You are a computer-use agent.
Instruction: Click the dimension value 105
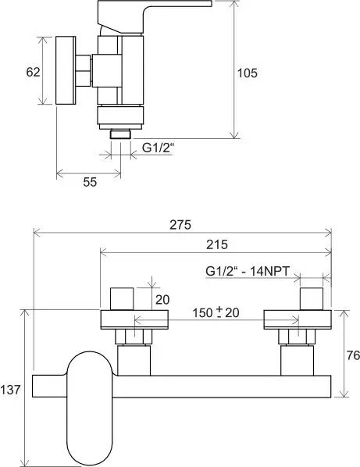coord(247,73)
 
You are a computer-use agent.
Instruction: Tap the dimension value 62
coord(33,72)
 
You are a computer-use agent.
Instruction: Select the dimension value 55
coord(90,182)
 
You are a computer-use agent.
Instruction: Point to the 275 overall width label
coord(180,225)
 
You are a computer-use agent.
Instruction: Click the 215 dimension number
coord(217,244)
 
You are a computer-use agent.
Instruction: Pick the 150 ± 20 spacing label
coord(216,312)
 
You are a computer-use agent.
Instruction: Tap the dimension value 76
coord(353,355)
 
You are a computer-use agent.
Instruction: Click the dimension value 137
coord(10,390)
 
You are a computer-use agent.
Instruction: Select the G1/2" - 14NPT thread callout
coord(248,271)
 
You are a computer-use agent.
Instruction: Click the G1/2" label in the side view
coord(158,148)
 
